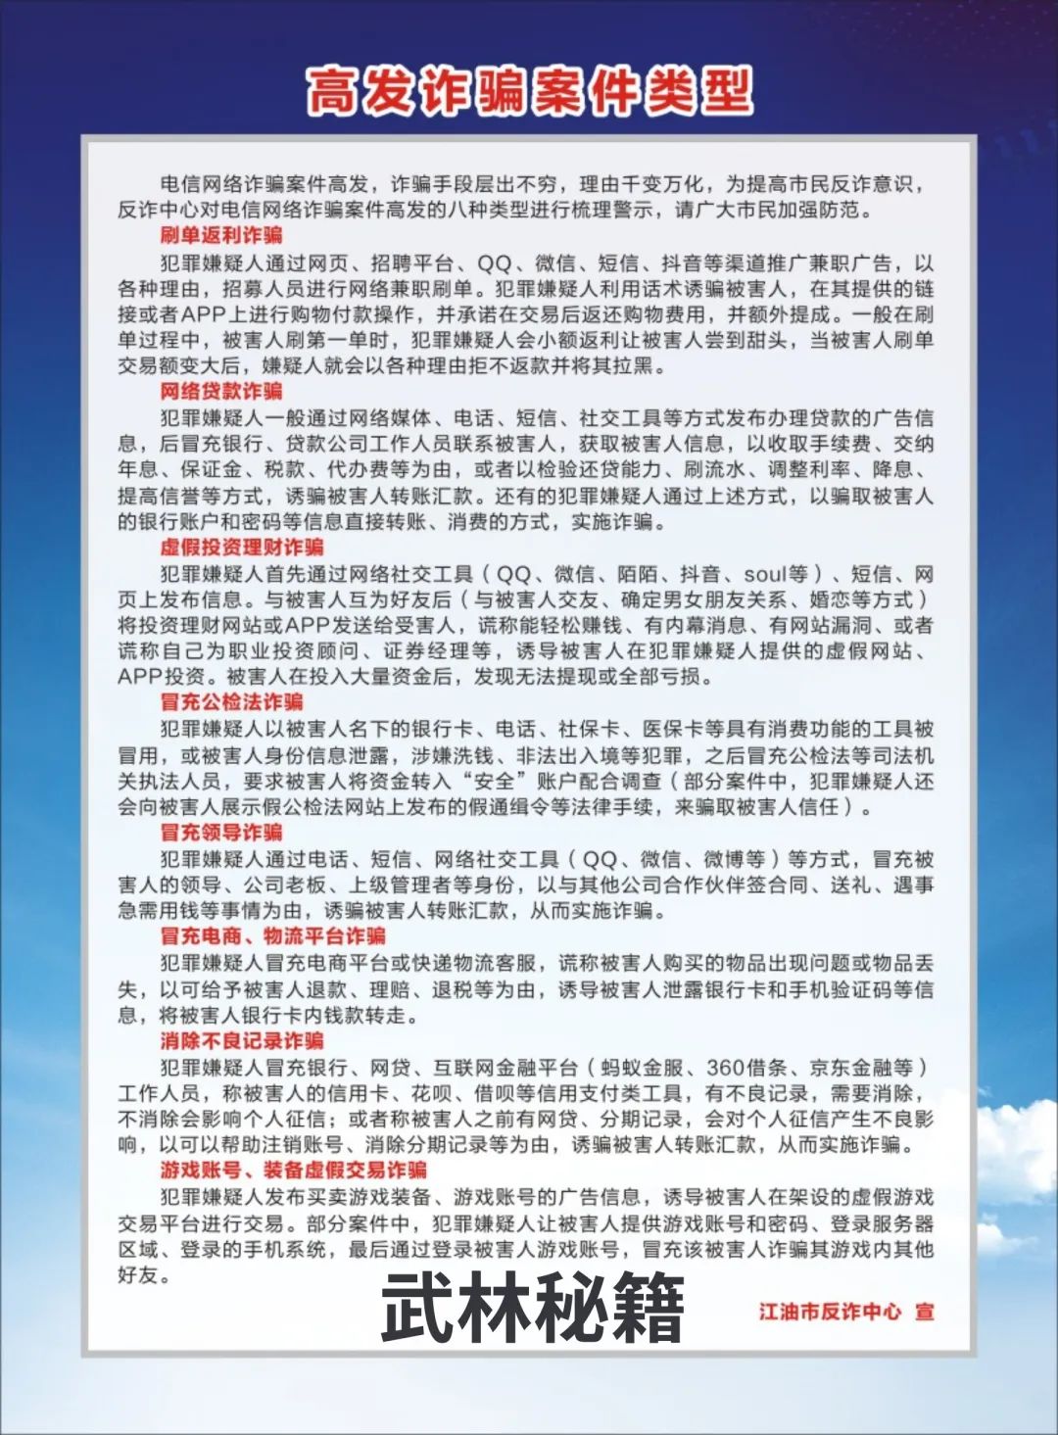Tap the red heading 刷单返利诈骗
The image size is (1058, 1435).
(221, 235)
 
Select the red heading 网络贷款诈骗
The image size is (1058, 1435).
(221, 391)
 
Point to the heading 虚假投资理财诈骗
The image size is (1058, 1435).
(242, 547)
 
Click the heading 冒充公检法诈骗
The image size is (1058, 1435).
(232, 701)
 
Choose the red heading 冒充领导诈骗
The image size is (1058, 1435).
(221, 832)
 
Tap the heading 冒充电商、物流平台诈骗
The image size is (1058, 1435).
(273, 935)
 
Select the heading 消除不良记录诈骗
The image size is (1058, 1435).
(242, 1040)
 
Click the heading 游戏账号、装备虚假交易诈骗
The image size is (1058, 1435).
(294, 1170)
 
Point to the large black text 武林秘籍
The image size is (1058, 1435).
(532, 1310)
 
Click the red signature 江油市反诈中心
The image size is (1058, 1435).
(830, 1311)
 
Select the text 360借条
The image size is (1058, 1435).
(746, 1067)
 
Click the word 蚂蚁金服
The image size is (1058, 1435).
(643, 1067)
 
